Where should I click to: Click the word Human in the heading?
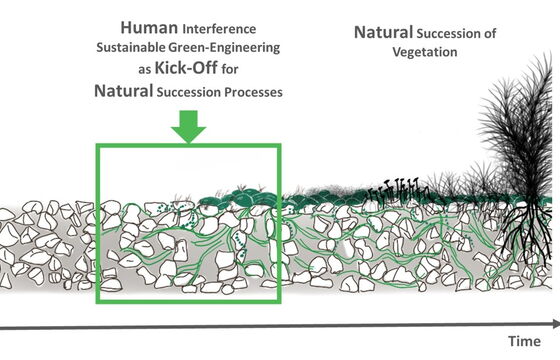tap(149, 28)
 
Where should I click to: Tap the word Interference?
tap(219, 29)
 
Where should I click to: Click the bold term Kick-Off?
tap(186, 68)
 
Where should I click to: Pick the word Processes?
tap(253, 92)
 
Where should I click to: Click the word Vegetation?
tap(425, 52)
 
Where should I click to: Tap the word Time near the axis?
tap(524, 341)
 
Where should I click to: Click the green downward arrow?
tap(189, 126)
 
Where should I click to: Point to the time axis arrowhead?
tap(556, 324)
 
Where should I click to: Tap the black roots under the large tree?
tap(526, 232)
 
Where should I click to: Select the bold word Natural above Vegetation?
tap(383, 32)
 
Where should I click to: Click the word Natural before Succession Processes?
tap(124, 91)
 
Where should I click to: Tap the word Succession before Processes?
tap(189, 92)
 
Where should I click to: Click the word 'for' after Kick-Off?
tap(230, 69)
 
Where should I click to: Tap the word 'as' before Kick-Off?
tap(145, 70)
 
